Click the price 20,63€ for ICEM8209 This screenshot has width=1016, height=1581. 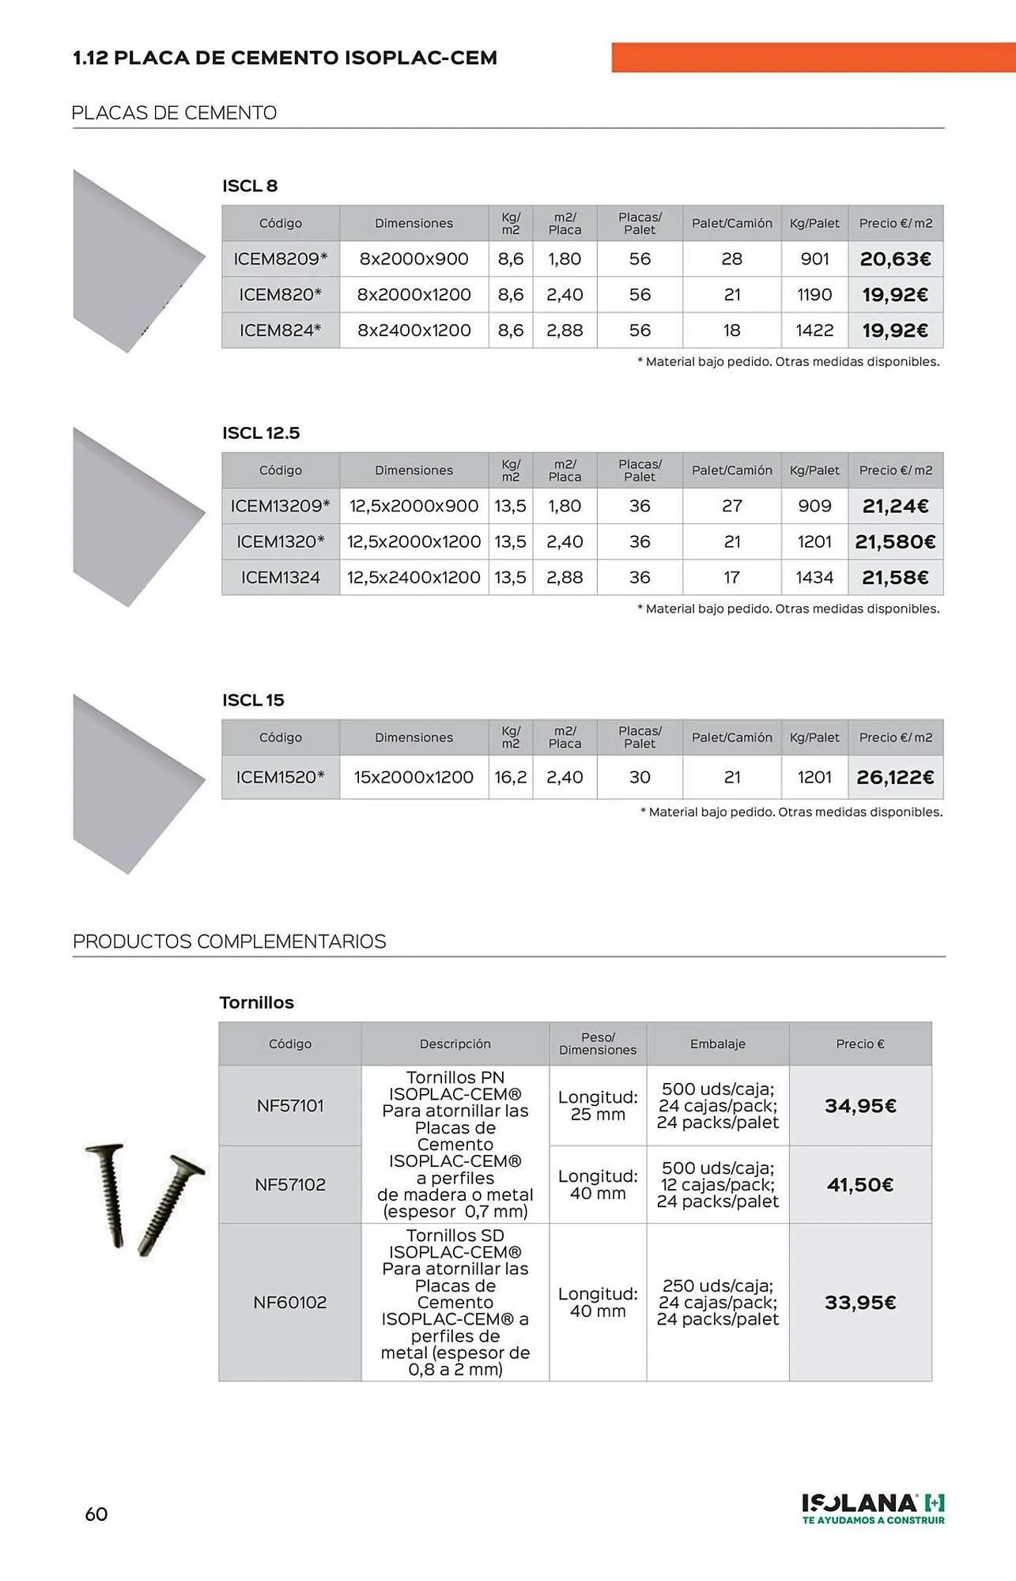coord(895,259)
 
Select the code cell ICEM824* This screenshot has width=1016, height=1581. coord(280,330)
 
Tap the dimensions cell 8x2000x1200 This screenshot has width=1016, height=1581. coord(414,295)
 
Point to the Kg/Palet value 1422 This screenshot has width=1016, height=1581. coord(814,330)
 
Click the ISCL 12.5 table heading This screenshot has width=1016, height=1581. coord(261,433)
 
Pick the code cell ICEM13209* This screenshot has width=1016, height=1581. coord(280,506)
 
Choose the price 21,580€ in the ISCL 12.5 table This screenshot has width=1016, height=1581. coord(895,542)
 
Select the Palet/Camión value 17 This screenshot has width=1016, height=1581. coord(731,578)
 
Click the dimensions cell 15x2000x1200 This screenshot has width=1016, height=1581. coord(414,778)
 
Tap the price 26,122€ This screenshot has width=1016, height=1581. coord(895,778)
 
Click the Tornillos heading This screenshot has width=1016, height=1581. coord(256,1002)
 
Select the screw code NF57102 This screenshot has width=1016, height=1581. coord(289,1185)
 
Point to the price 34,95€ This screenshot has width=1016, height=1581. coord(860,1106)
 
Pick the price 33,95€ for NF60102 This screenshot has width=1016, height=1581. coord(860,1303)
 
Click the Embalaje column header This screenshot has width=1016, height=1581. coord(717,1044)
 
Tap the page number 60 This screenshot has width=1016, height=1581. coord(96,1515)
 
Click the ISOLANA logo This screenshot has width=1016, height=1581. coord(873,1508)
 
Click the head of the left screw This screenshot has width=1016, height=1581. coord(104,1149)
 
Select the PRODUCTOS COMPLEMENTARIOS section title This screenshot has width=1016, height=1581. coord(229,941)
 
